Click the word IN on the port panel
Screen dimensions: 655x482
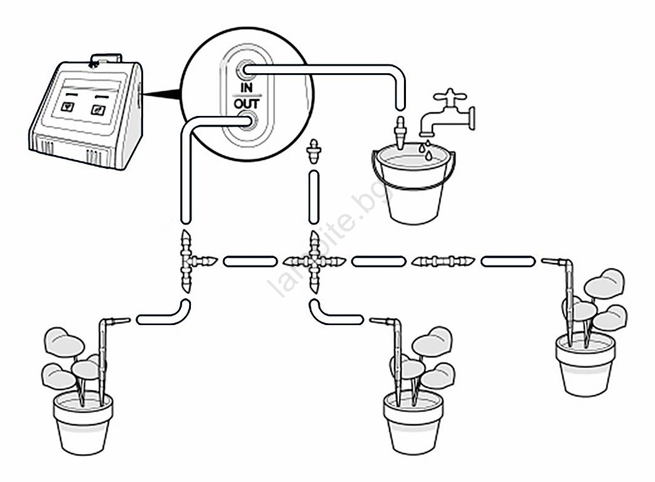point(247,88)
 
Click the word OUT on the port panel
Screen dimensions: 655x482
point(247,103)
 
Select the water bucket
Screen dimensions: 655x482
point(413,184)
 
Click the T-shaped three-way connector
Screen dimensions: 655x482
point(191,261)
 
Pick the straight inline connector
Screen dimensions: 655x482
point(443,262)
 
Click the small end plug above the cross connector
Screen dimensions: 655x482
point(314,152)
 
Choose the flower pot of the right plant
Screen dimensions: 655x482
point(585,364)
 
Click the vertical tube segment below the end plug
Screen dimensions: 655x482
point(314,197)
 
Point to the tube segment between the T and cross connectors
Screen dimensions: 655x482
point(250,262)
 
